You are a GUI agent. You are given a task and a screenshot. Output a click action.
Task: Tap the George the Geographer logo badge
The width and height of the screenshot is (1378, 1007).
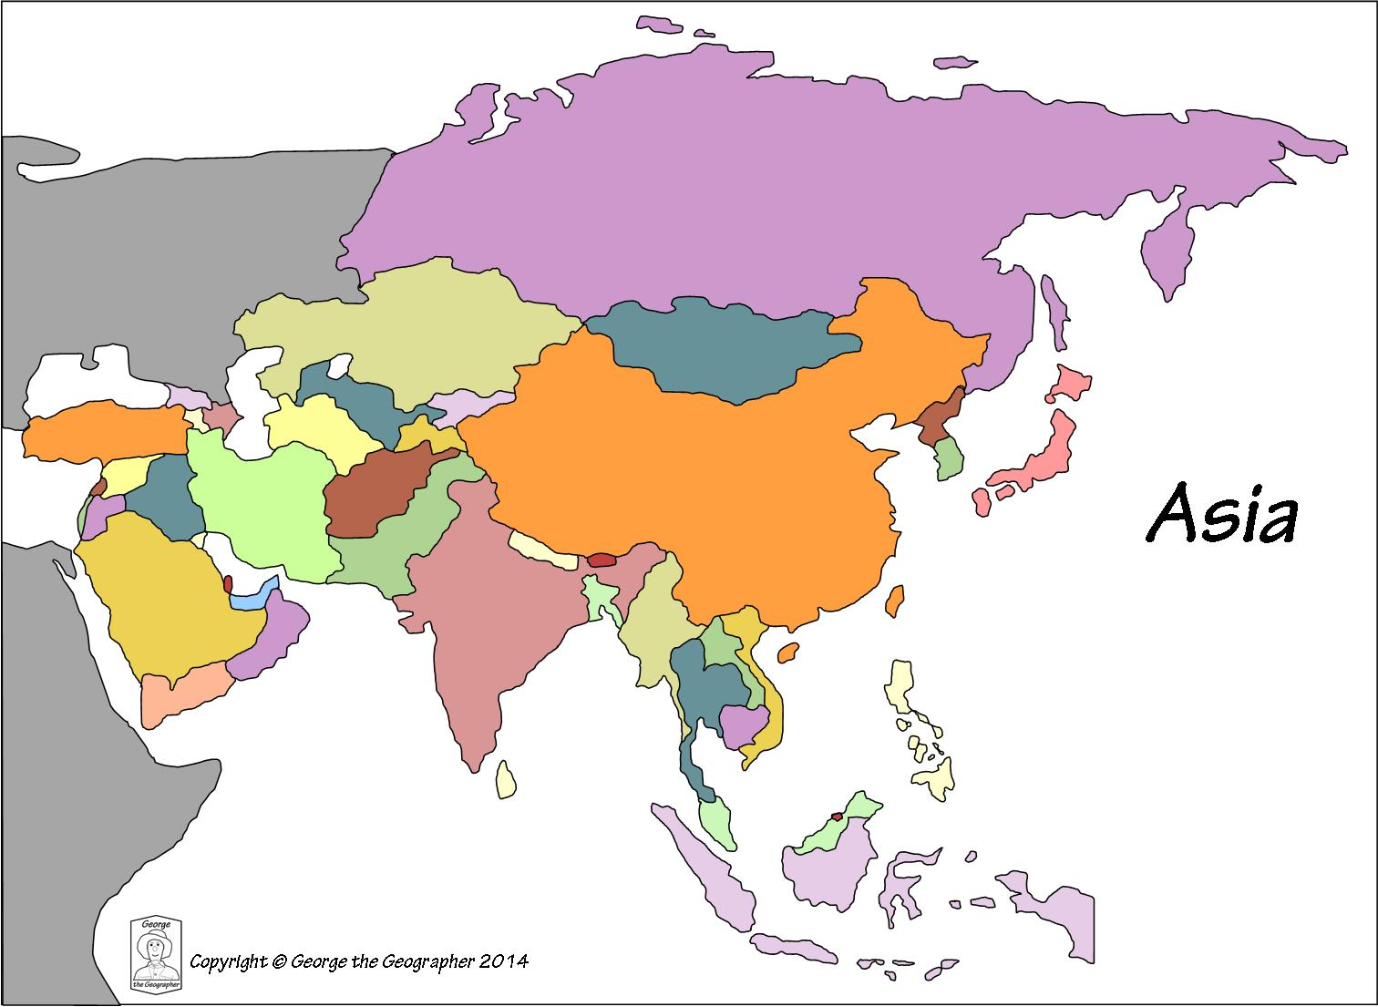[156, 952]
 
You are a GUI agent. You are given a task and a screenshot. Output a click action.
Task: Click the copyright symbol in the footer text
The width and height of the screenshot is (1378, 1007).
[279, 961]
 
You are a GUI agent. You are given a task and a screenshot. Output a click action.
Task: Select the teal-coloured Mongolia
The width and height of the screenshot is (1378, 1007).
[729, 351]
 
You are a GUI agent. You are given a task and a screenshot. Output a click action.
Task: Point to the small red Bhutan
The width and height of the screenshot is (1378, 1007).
[602, 560]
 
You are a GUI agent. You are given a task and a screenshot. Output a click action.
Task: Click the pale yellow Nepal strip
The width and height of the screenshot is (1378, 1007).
[542, 550]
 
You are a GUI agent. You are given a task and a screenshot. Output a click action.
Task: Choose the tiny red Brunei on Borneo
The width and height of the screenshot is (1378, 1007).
[836, 817]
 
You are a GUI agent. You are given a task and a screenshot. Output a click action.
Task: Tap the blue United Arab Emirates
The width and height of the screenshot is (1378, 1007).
[250, 600]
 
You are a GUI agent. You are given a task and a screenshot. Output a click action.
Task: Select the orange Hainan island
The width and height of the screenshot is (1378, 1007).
[788, 652]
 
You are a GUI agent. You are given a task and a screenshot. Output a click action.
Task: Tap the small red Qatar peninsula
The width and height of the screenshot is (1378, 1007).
[227, 583]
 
